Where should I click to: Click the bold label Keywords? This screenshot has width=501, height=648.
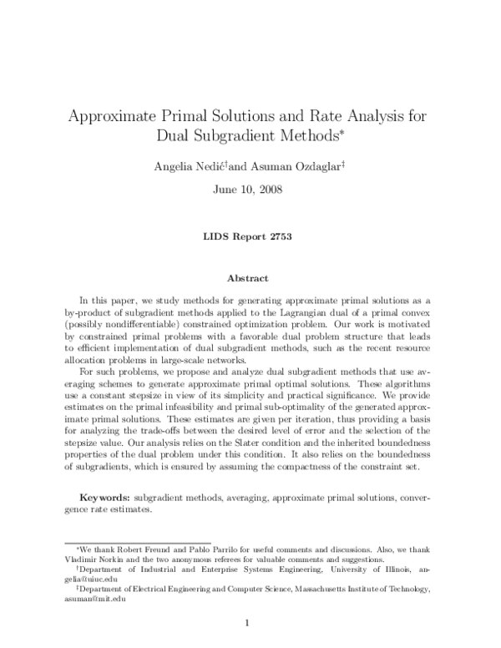pos(114,497)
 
